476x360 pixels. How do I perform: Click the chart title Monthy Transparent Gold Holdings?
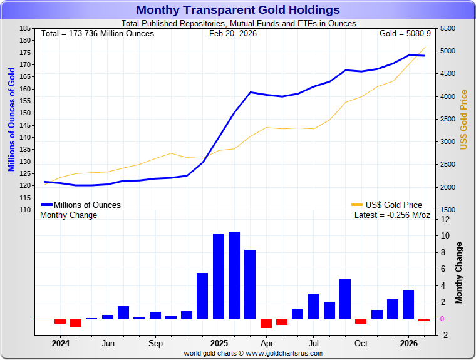[x=238, y=10]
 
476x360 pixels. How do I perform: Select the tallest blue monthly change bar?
[x=234, y=275]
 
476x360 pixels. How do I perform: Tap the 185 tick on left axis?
[x=25, y=29]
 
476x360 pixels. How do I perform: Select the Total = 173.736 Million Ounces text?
[x=97, y=33]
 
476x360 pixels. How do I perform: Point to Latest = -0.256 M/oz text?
[x=392, y=215]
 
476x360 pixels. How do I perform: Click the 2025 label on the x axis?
[x=219, y=343]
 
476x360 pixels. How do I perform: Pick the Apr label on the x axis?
[x=267, y=343]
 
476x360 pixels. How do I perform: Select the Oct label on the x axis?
[x=361, y=343]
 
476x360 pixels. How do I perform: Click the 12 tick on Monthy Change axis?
[x=445, y=220]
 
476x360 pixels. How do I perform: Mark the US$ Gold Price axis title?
[x=464, y=120]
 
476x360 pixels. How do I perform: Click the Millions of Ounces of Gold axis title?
[x=11, y=120]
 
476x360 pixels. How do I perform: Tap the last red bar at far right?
[x=424, y=320]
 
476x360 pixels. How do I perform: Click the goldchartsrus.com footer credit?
[x=253, y=353]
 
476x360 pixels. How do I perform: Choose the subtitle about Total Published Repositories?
[x=239, y=23]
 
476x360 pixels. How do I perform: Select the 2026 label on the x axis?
[x=409, y=343]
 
